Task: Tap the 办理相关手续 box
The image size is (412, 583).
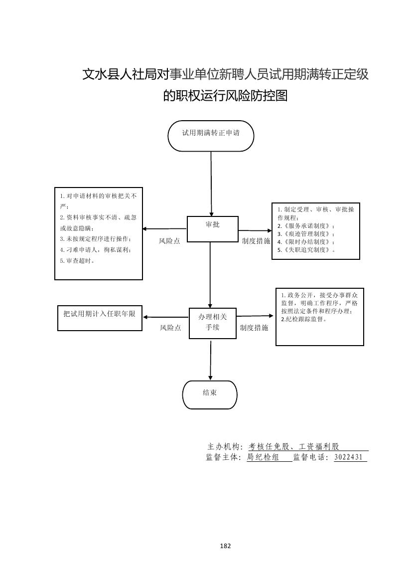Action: [x=212, y=323]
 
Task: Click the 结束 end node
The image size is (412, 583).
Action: [x=210, y=393]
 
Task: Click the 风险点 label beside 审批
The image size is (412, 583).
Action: [x=169, y=241]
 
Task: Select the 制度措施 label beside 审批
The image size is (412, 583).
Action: [x=256, y=241]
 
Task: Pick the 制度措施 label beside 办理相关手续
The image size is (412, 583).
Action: [x=254, y=328]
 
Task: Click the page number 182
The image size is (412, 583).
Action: [x=225, y=546]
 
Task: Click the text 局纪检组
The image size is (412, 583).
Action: [x=263, y=457]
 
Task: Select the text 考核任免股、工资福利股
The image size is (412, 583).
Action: [x=293, y=446]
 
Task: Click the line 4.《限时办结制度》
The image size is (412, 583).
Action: [x=306, y=241]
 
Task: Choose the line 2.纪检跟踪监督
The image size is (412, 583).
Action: [x=304, y=319]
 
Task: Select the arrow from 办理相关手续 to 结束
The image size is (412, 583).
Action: [x=210, y=359]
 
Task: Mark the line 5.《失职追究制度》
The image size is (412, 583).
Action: [x=306, y=249]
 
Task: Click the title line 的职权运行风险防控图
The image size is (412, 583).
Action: [x=225, y=95]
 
